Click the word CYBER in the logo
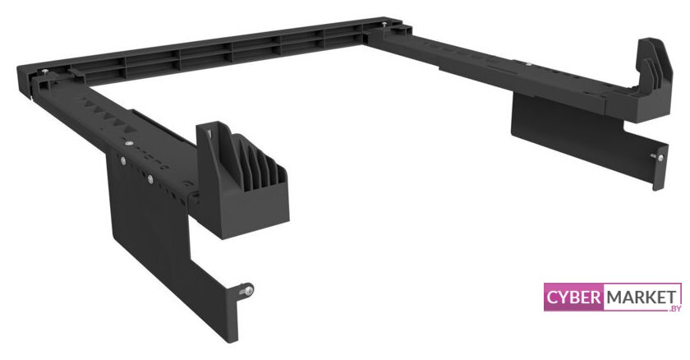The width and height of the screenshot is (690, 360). click(573, 297)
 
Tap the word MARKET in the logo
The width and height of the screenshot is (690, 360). click(642, 298)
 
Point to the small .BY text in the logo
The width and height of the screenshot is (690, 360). click(674, 308)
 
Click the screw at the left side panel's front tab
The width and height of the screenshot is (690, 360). click(247, 290)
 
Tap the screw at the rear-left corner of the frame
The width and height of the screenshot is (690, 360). click(45, 71)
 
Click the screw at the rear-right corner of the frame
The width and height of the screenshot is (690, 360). click(384, 24)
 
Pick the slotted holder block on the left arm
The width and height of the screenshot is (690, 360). click(242, 181)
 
